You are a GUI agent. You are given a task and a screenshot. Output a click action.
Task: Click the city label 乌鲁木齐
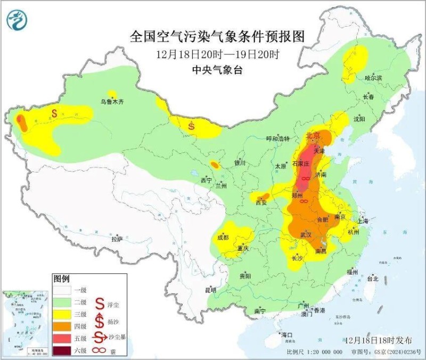tap(112, 101)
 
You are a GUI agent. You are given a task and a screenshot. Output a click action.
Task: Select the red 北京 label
tap(313, 136)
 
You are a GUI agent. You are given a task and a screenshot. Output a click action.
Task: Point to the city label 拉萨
tap(117, 239)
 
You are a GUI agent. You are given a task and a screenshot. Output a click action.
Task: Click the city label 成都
tap(223, 238)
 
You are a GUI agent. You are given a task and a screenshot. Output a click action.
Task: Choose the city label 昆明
tap(210, 290)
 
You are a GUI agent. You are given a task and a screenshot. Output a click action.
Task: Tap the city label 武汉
tap(305, 234)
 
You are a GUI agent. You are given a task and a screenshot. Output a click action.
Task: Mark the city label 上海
tap(363, 221)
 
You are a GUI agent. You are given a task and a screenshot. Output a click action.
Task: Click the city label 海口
tap(288, 334)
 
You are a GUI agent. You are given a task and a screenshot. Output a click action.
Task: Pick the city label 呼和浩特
tap(277, 138)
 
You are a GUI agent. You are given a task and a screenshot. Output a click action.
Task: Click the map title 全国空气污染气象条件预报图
tap(218, 37)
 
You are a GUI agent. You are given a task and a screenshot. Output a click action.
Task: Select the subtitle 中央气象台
tap(217, 69)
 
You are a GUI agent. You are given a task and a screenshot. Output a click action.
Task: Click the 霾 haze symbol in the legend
tap(100, 350)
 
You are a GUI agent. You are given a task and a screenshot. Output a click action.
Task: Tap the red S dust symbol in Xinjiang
tap(54, 113)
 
